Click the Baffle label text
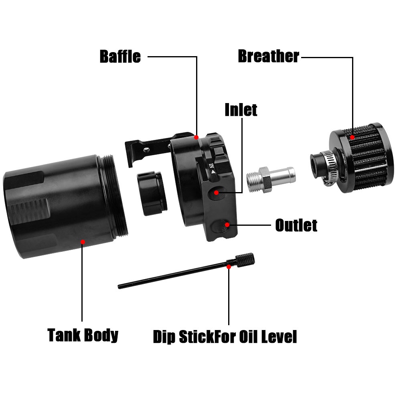(120, 57)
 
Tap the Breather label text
(269, 56)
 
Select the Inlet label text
(241, 110)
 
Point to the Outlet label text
(296, 225)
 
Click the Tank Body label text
(83, 335)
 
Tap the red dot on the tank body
(83, 242)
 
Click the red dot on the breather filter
(352, 137)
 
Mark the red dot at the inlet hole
(217, 192)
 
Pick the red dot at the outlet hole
(227, 225)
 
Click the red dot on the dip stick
(229, 267)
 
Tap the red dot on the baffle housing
(196, 137)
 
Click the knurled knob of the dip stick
(245, 260)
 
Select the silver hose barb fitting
(271, 179)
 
